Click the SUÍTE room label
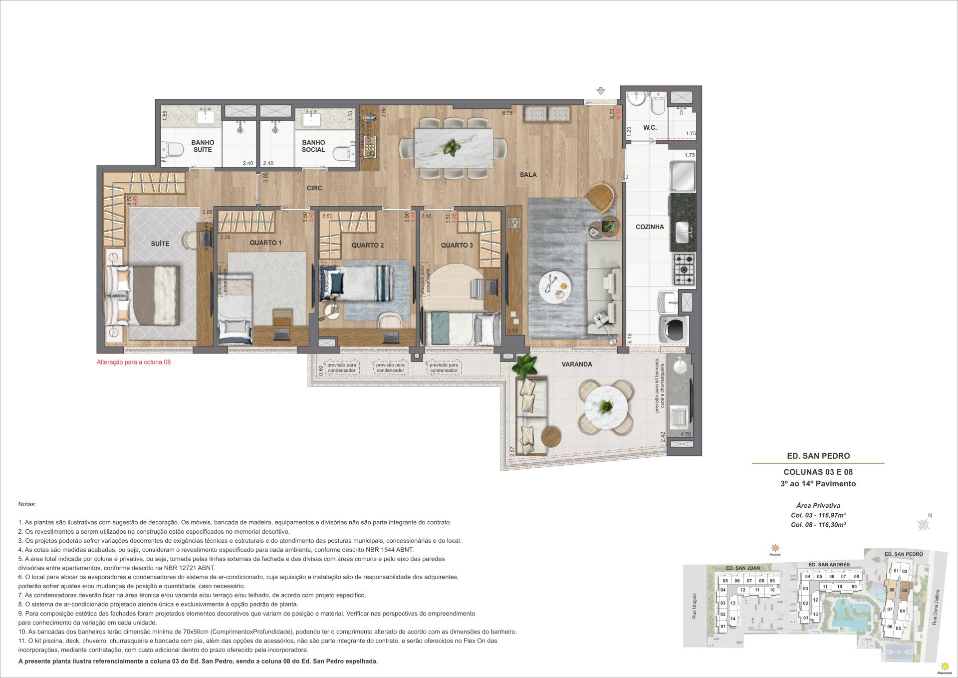160,244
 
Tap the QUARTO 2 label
367,245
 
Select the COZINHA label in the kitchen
649,227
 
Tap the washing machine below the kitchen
674,329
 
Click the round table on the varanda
606,406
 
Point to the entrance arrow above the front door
601,91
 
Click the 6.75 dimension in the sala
507,113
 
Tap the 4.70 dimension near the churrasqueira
686,434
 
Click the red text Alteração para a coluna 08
133,362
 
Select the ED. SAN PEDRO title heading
818,456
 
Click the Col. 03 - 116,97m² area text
818,515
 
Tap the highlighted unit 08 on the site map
891,590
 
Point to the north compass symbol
924,524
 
